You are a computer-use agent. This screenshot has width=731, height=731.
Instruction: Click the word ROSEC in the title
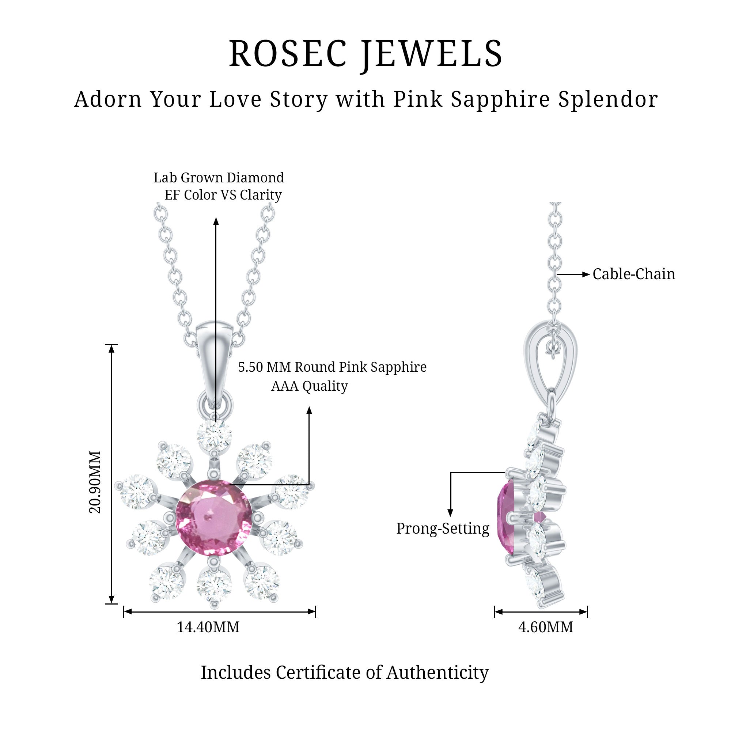[x=288, y=54]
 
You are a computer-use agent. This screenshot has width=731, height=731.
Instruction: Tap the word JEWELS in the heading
[x=431, y=54]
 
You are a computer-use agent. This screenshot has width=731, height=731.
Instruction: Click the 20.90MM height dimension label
[x=95, y=482]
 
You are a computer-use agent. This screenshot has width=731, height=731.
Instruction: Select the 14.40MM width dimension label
[x=208, y=627]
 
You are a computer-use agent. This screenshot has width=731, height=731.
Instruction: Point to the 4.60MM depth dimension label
[x=545, y=627]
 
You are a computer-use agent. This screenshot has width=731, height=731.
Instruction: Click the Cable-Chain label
[x=633, y=274]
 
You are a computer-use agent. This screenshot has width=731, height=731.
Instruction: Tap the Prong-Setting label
[x=443, y=529]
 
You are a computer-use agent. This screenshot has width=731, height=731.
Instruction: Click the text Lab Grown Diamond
[x=219, y=178]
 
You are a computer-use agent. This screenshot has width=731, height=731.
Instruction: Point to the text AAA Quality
[x=310, y=386]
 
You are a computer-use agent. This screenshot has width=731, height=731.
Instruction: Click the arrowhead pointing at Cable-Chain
[x=586, y=274]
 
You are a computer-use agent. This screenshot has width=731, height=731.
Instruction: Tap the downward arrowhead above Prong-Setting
[x=450, y=513]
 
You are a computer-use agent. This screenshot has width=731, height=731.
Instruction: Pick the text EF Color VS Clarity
[x=223, y=195]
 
